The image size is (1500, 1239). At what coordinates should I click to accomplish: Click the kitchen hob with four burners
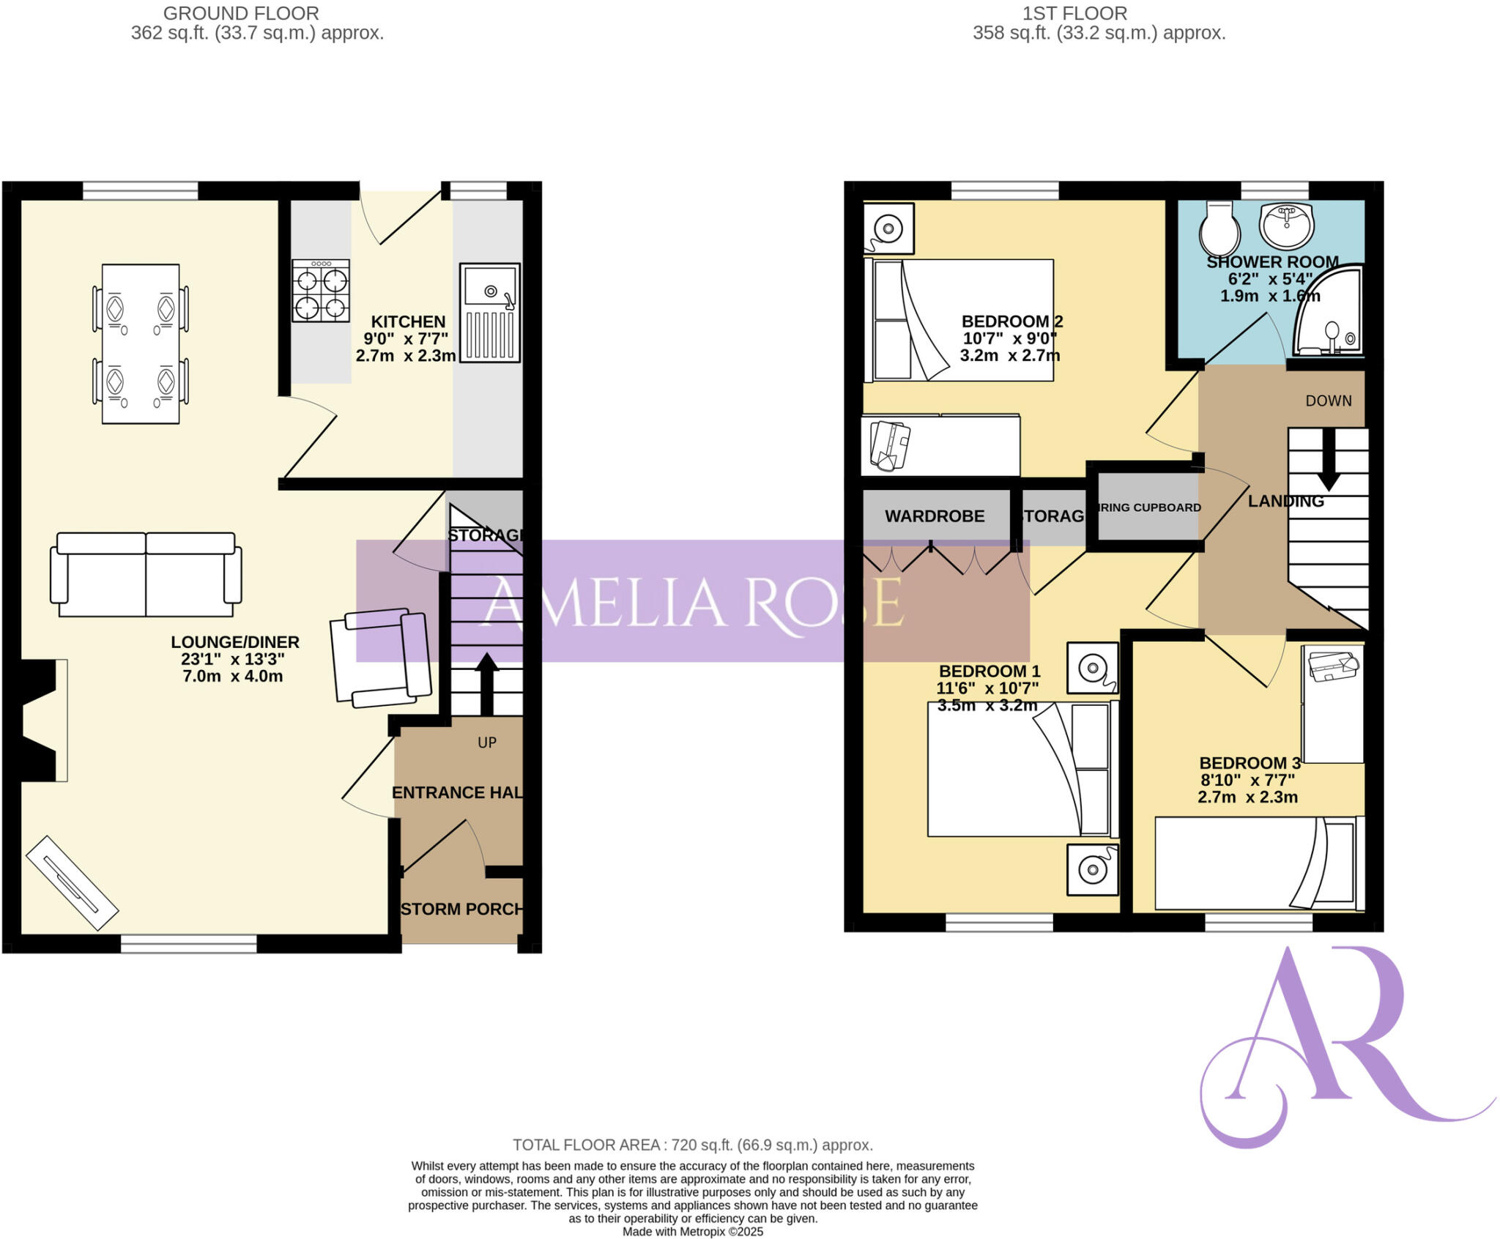pos(321,291)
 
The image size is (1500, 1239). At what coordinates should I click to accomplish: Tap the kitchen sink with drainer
pos(490,313)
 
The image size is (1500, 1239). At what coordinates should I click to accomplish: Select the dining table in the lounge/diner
pos(141,343)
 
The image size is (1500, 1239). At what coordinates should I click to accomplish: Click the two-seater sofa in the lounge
pos(146,575)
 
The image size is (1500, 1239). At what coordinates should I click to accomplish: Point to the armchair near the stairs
pos(380,657)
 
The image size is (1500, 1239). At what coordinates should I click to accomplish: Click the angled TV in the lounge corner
pos(72,882)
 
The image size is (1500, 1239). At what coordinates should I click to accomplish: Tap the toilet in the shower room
pos(1219,228)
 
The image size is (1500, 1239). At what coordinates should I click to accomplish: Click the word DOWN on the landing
pos(1328,401)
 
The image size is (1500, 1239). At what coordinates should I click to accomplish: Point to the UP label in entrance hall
pos(487,743)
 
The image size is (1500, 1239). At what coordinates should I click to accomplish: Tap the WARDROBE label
pos(935,516)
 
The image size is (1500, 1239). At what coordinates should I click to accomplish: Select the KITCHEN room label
pos(408,322)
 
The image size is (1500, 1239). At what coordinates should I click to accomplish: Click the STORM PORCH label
pos(461,909)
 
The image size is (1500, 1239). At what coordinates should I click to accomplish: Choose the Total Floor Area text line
pos(692,1145)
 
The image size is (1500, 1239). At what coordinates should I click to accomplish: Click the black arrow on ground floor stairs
pos(487,682)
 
